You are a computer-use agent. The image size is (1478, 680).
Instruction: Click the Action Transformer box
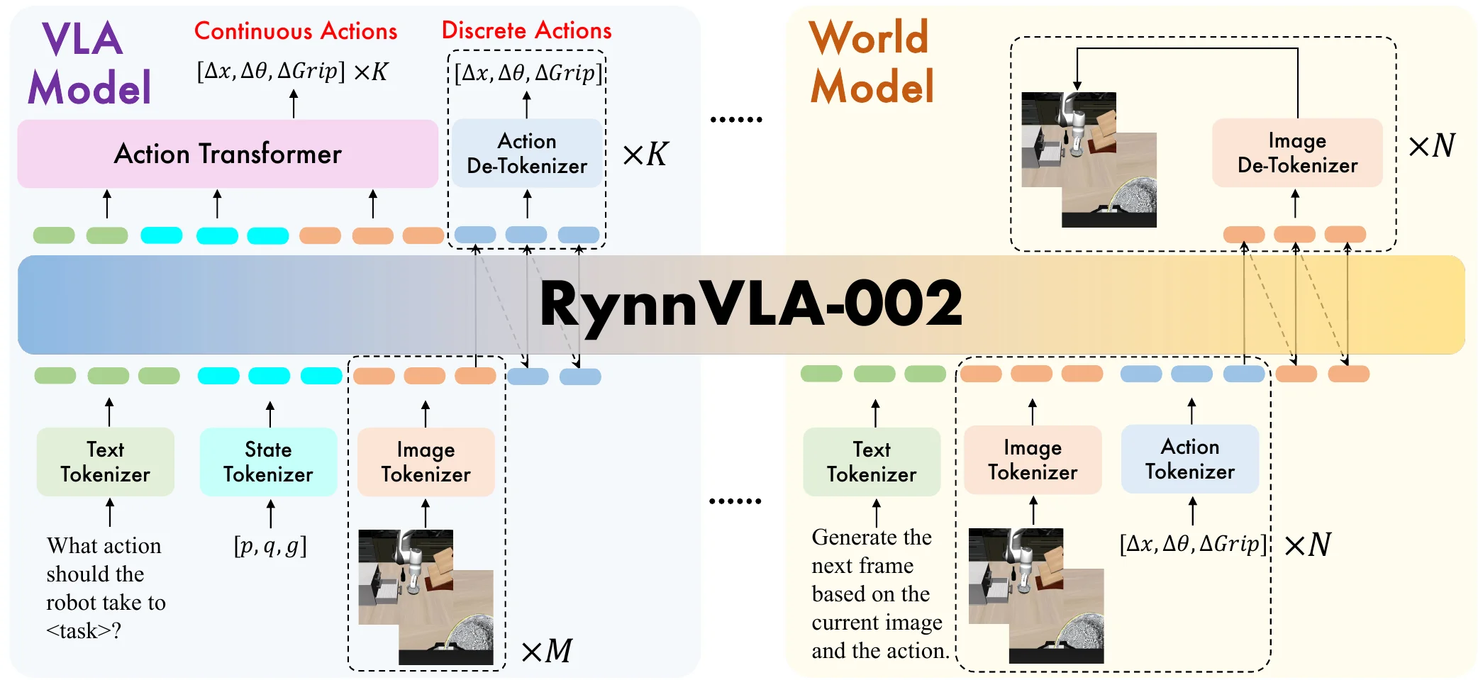point(227,154)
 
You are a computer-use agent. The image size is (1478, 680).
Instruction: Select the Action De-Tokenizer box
point(527,153)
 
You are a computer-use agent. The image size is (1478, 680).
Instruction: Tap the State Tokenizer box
point(268,462)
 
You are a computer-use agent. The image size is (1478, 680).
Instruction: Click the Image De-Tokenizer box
point(1297,153)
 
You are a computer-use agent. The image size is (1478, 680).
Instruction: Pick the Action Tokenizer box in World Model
point(1189,459)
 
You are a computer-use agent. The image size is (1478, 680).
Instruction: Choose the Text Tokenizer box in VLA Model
point(105,462)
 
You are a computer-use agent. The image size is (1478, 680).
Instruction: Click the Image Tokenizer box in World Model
point(1032,459)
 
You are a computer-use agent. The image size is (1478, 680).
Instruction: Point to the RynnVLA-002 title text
point(750,304)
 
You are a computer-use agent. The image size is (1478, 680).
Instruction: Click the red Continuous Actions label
point(296,31)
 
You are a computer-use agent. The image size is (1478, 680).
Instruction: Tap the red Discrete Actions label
point(526,30)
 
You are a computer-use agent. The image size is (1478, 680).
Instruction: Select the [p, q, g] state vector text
point(270,546)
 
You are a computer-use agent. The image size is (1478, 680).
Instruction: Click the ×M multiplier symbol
point(546,651)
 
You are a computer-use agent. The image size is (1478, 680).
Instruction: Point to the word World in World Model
point(868,38)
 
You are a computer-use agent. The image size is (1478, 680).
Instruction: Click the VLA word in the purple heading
point(82,39)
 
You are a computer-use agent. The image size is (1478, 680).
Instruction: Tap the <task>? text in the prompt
point(84,630)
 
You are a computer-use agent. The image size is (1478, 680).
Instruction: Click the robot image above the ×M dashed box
point(426,596)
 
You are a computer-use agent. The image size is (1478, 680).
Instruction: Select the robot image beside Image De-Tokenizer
point(1089,160)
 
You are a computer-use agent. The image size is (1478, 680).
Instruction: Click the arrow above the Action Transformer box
point(294,104)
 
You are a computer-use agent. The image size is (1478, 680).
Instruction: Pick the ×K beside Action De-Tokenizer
point(645,154)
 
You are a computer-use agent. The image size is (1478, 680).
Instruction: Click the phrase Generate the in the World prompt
point(871,537)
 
